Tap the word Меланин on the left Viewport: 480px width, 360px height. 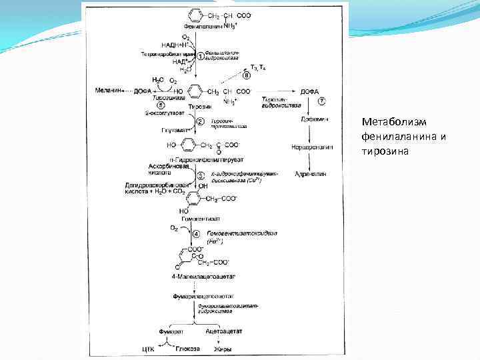(109, 91)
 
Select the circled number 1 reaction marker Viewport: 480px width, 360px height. (200, 55)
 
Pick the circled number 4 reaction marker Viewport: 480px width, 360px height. (196, 234)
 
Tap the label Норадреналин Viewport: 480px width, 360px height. (309, 146)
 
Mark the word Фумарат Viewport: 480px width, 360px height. (170, 331)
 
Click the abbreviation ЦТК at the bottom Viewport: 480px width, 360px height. (148, 348)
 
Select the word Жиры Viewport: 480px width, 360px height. (222, 348)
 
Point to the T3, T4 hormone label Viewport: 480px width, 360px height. (256, 67)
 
